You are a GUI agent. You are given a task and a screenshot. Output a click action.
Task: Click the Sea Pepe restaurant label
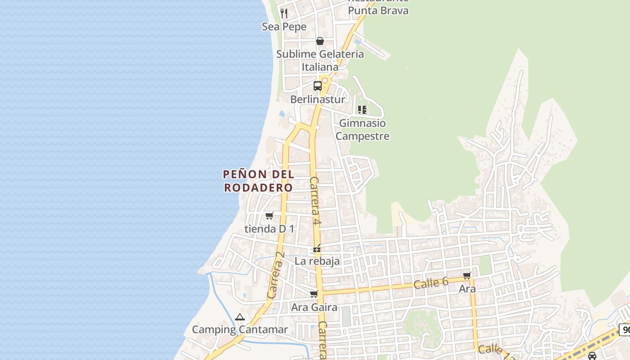[x=284, y=27]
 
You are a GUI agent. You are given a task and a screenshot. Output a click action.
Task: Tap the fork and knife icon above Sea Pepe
[x=284, y=13]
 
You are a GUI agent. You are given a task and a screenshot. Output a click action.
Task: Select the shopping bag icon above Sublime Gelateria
[x=320, y=41]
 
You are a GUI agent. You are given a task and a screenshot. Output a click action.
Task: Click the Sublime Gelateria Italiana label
[x=320, y=60]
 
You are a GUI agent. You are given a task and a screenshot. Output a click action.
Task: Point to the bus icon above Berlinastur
[x=318, y=85]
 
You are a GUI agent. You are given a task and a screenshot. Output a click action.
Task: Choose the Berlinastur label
[x=318, y=99]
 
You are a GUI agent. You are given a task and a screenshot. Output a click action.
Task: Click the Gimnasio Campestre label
[x=362, y=129]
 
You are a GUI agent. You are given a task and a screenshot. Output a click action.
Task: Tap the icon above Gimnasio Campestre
[x=362, y=109]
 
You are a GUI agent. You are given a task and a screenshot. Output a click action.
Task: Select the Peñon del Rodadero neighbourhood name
[x=259, y=180]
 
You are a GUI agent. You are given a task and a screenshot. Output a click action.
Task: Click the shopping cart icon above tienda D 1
[x=269, y=216]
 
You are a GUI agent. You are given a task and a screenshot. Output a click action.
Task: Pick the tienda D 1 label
[x=269, y=229]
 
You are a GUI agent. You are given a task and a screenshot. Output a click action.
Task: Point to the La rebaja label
[x=317, y=261]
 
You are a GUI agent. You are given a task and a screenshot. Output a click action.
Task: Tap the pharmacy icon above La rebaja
[x=317, y=248]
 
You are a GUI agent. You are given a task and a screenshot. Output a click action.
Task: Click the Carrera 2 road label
[x=275, y=274]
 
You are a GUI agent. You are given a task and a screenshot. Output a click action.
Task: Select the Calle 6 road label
[x=431, y=283]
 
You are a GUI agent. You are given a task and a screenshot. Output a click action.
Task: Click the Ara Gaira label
[x=314, y=307]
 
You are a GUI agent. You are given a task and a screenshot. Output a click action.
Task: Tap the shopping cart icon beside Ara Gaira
[x=314, y=294]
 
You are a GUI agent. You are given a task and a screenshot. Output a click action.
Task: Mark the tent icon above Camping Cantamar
[x=239, y=317]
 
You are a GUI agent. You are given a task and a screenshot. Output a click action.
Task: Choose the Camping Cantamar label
[x=240, y=329]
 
